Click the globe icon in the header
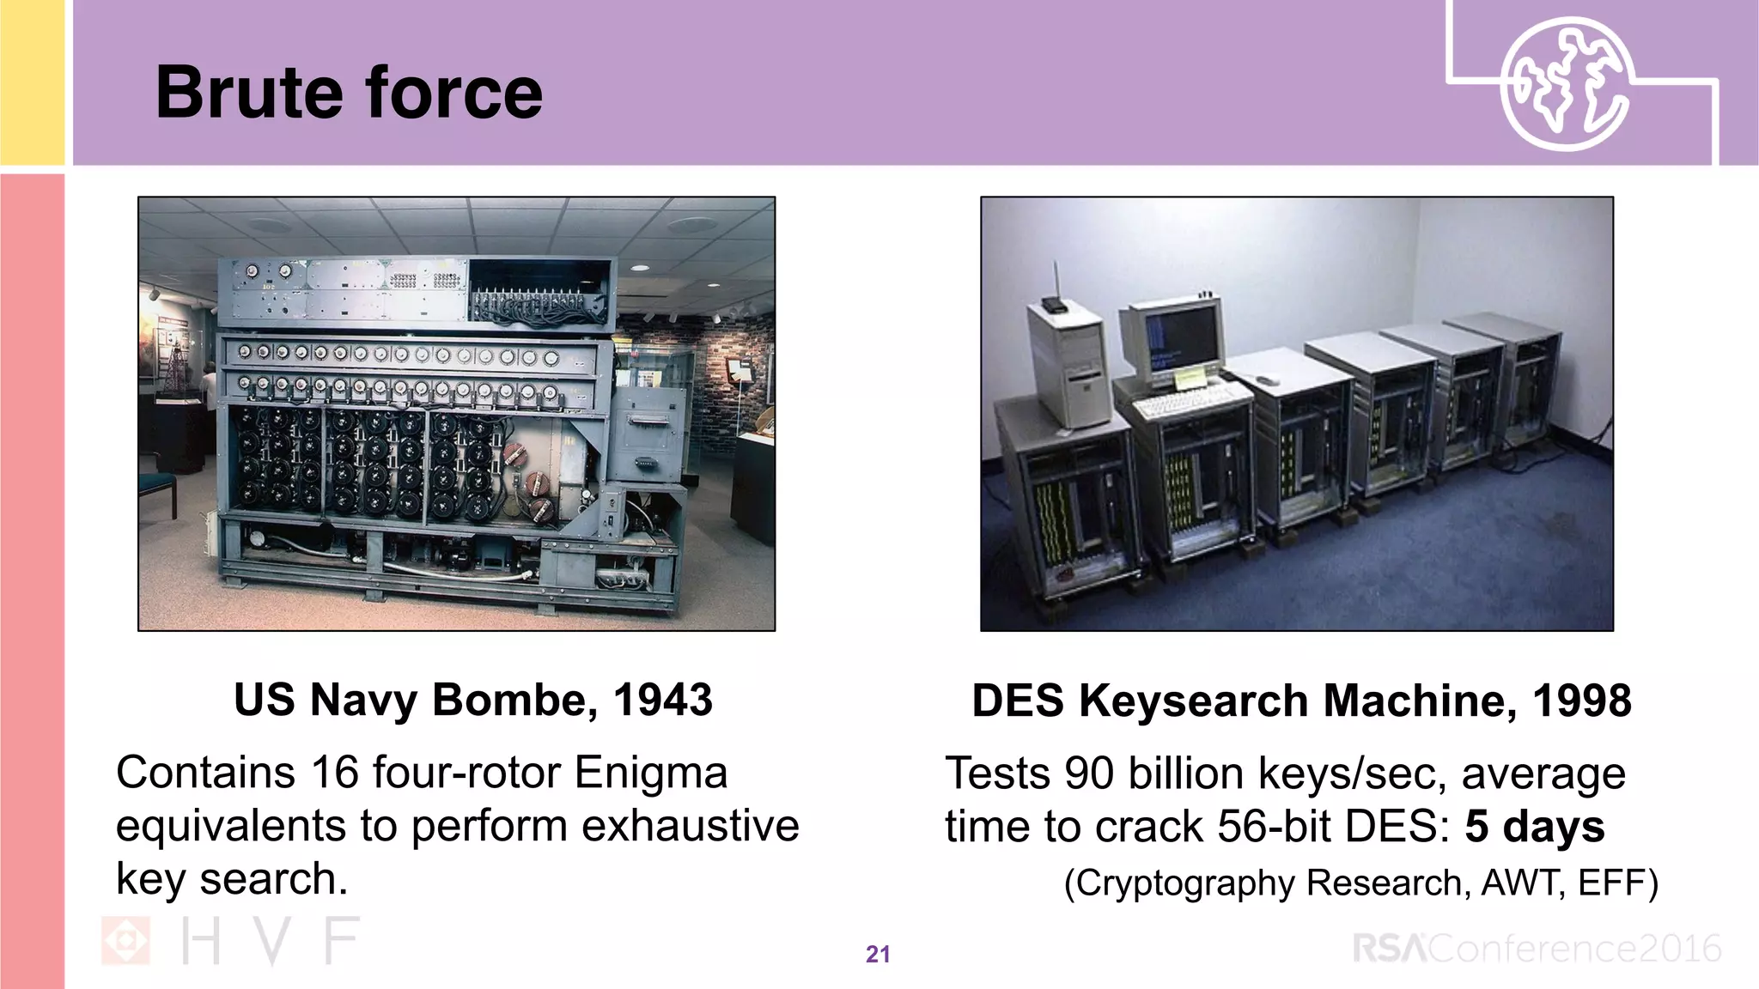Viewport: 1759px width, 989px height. coord(1565,83)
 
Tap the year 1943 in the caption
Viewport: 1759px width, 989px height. coord(662,700)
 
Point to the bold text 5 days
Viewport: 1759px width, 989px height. coord(1534,826)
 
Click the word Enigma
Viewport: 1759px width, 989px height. coord(651,772)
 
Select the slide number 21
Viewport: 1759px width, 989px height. coord(878,954)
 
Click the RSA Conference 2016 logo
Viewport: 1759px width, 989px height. coord(1537,949)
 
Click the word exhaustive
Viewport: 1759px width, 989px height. coord(691,826)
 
